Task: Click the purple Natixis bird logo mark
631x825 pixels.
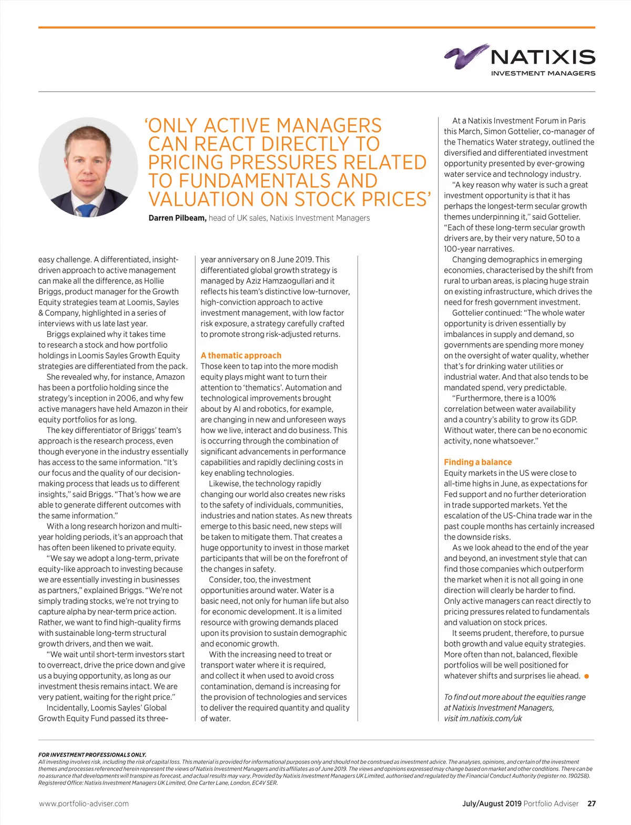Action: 465,56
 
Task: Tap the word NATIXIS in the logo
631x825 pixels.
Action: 543,57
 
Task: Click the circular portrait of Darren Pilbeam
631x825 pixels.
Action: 88,167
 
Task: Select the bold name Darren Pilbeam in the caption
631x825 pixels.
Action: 177,218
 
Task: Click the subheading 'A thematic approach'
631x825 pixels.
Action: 241,355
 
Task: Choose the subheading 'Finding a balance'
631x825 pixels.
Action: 477,462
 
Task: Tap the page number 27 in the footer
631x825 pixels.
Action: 592,803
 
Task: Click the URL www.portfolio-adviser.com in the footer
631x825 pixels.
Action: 84,803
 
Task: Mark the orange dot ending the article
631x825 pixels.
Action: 586,676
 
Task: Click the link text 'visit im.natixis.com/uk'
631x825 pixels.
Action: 483,718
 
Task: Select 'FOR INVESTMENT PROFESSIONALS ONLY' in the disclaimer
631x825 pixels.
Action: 92,754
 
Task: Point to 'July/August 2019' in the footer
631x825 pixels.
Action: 492,803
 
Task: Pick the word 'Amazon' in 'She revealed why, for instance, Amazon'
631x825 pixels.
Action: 170,377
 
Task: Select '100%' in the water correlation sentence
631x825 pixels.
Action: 546,398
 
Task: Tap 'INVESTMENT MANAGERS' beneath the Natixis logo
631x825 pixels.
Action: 543,73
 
